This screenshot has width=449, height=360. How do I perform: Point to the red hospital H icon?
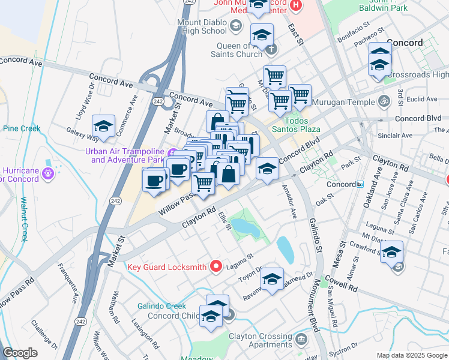[295, 5]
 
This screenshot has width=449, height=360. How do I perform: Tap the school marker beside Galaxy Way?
[104, 127]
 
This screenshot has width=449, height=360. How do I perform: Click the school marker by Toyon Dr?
[272, 279]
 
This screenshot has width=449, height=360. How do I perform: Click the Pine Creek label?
[22, 128]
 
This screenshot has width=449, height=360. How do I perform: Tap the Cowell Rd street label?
[340, 284]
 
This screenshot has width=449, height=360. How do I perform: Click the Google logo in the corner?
[20, 353]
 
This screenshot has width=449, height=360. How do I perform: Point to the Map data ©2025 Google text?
[411, 355]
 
